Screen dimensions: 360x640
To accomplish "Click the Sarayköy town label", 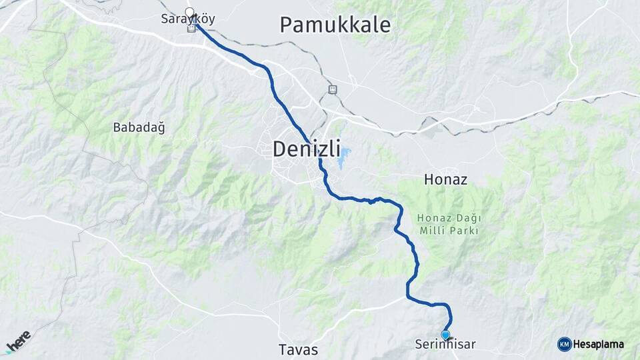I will [188, 19].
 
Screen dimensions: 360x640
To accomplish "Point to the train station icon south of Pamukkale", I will [333, 89].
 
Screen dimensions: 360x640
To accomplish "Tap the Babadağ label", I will [139, 127].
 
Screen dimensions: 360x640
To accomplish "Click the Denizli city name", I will [307, 149].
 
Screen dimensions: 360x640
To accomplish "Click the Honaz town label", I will [445, 180].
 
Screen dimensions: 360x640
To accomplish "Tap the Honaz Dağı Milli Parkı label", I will [449, 224].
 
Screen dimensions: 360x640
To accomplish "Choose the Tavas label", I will [298, 349].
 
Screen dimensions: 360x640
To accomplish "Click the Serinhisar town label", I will [445, 345].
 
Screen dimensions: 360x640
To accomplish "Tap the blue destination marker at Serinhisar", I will [445, 335].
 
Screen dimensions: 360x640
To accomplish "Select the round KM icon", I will [564, 344].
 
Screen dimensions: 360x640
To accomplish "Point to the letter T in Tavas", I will [283, 349].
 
